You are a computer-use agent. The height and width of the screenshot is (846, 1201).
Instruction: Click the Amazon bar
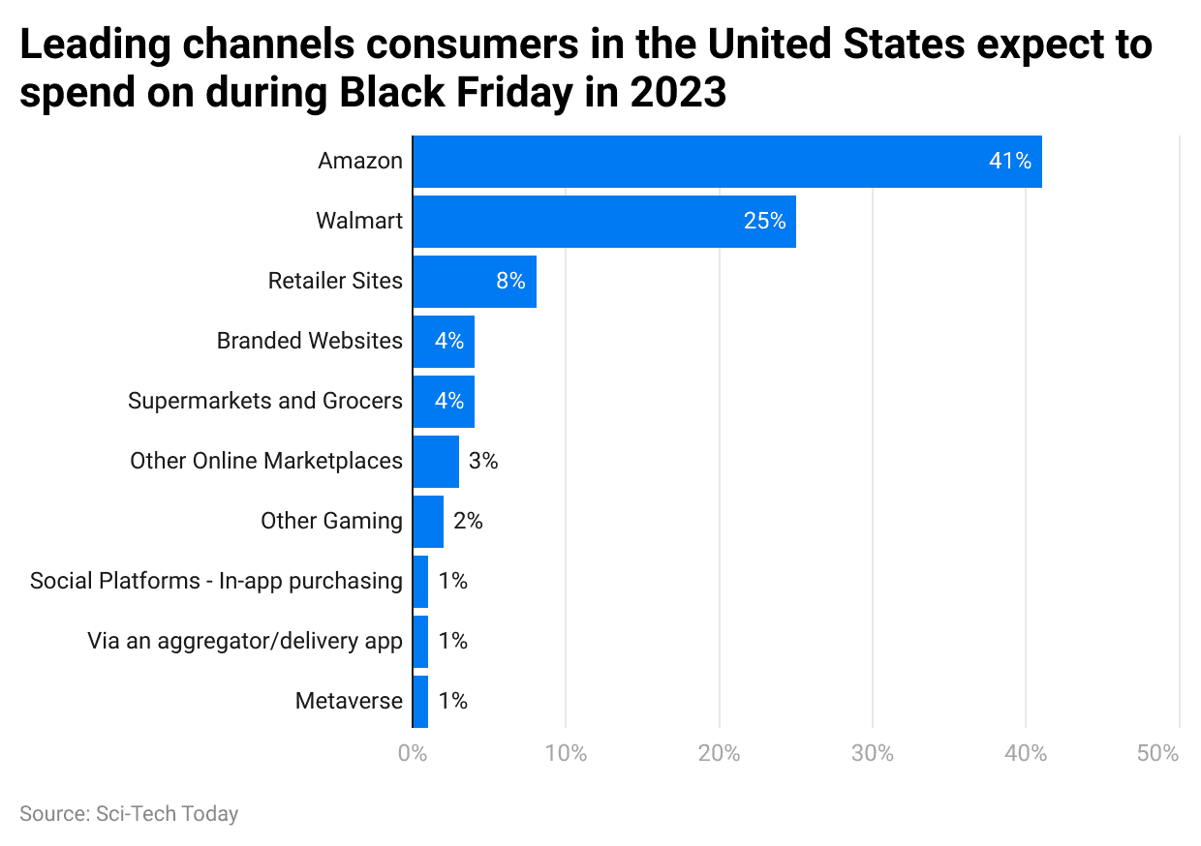[726, 162]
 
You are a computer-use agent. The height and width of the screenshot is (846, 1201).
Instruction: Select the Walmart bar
[604, 222]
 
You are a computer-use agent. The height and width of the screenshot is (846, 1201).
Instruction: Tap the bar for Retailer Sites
[475, 282]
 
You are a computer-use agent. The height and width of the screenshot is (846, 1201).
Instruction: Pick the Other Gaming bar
[428, 522]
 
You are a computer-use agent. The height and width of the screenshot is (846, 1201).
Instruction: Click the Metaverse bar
[420, 702]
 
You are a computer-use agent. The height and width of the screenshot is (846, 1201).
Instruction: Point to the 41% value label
[1009, 162]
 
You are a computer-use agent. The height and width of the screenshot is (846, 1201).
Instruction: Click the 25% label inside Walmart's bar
[764, 222]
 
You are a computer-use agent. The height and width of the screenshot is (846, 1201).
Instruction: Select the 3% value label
[482, 462]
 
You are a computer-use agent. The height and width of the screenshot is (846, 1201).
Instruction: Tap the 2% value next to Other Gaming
[468, 522]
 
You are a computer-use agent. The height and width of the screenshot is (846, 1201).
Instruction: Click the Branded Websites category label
[309, 342]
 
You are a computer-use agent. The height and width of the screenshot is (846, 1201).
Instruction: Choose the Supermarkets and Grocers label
[264, 402]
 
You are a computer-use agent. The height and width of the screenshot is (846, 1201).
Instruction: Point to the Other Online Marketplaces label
[265, 462]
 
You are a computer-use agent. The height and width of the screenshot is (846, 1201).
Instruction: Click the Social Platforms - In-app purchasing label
[215, 582]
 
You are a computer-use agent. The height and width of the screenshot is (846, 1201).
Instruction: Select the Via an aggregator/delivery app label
[244, 642]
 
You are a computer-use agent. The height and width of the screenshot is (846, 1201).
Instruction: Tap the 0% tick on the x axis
[413, 754]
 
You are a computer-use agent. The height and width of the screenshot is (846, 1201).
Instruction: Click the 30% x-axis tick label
[873, 754]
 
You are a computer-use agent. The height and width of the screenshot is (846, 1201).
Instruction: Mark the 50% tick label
[1158, 754]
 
